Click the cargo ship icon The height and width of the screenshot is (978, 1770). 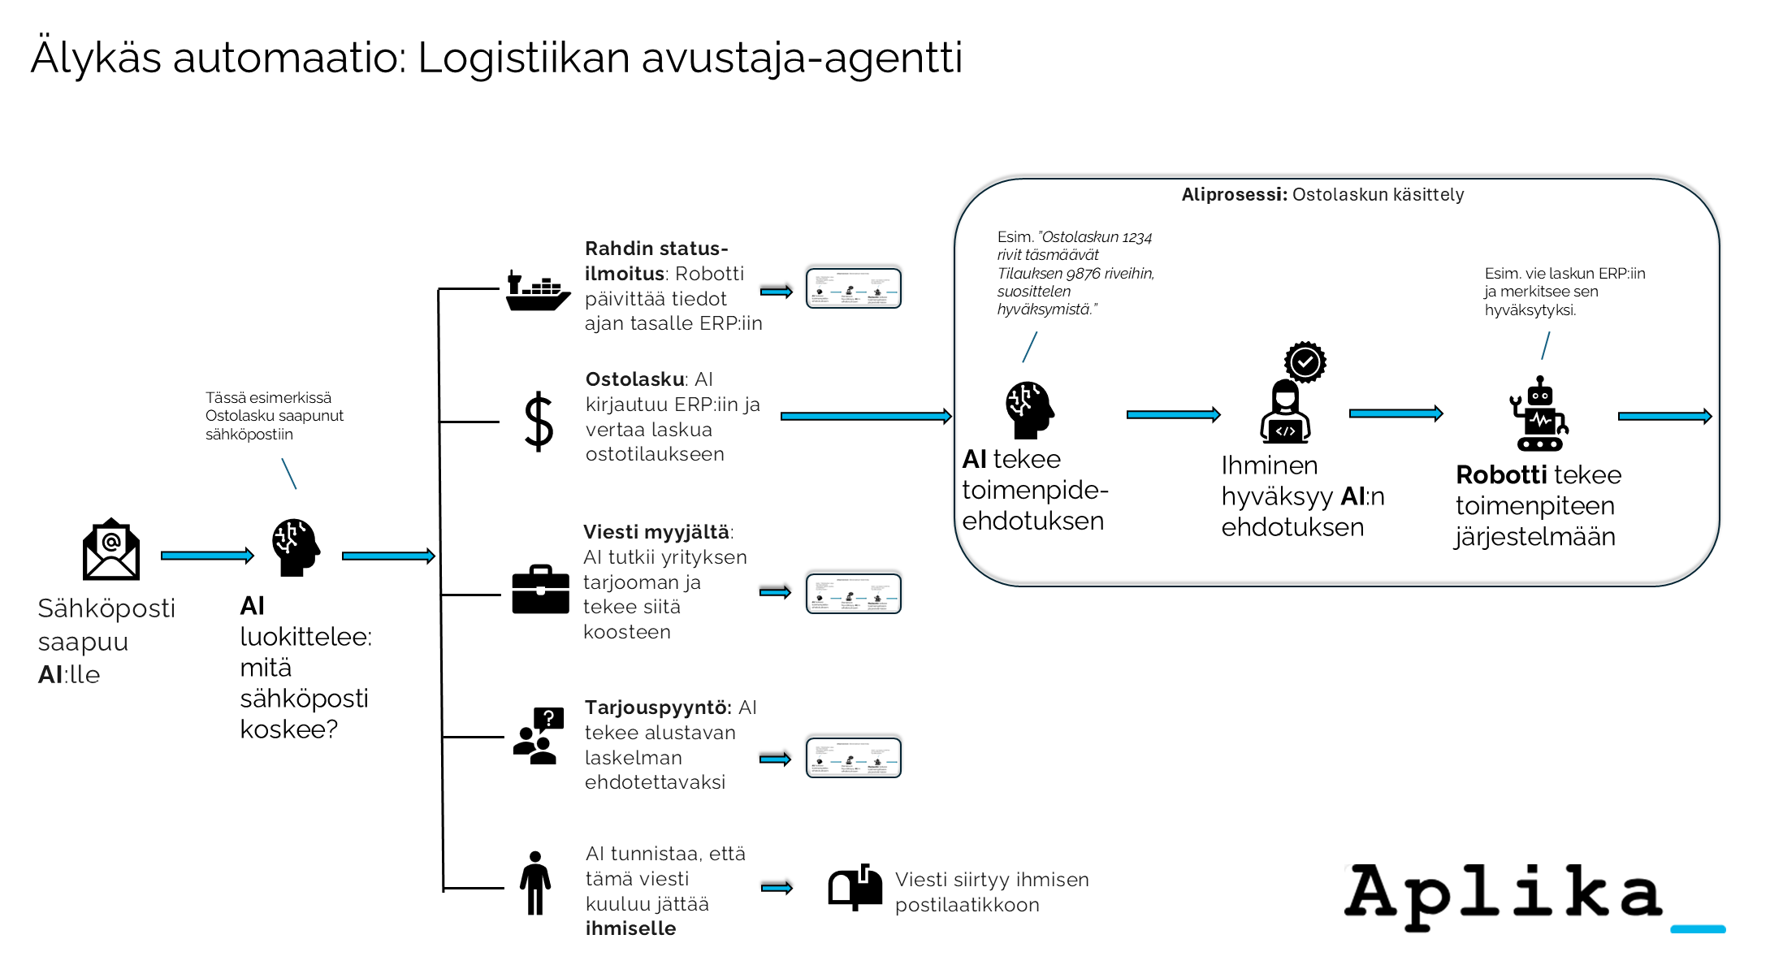[537, 292]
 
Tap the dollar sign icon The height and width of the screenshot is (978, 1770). [539, 422]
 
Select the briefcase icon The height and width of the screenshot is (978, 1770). [540, 590]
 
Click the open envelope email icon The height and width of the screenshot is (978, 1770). [111, 550]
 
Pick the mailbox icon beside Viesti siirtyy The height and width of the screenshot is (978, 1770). [855, 887]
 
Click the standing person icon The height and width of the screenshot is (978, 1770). [534, 883]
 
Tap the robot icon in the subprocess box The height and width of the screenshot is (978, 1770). [1539, 413]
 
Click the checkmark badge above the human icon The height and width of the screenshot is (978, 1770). [1305, 361]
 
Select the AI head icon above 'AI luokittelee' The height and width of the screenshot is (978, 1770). [295, 547]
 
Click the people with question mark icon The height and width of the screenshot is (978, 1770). [538, 735]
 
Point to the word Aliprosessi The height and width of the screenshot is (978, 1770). [1233, 195]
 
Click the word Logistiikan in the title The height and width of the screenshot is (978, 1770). [523, 58]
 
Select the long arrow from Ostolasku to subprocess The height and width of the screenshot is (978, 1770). [865, 417]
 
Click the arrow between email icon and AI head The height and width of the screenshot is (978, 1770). [207, 556]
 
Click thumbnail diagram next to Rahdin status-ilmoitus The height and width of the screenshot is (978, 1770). [853, 288]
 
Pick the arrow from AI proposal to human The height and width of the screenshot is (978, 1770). [1173, 415]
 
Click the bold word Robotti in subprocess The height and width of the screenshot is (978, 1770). [1501, 475]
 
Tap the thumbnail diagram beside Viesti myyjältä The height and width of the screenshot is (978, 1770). [853, 594]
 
